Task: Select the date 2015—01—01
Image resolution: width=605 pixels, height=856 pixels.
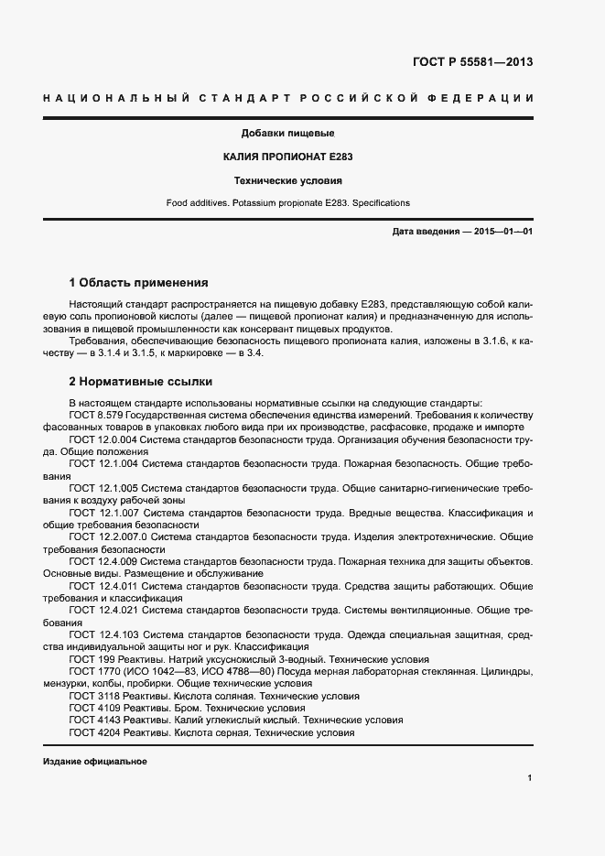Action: (x=502, y=232)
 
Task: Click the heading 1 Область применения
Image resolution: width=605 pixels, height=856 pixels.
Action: (x=139, y=282)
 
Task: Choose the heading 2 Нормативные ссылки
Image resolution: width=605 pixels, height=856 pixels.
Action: (x=140, y=381)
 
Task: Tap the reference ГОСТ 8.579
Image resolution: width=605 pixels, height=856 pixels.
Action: (x=96, y=415)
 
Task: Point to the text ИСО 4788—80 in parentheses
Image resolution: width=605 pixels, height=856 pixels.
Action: (x=232, y=672)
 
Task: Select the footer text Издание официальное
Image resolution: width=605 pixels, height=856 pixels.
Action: (x=95, y=762)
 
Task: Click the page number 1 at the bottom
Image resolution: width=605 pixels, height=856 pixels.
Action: (x=530, y=778)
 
